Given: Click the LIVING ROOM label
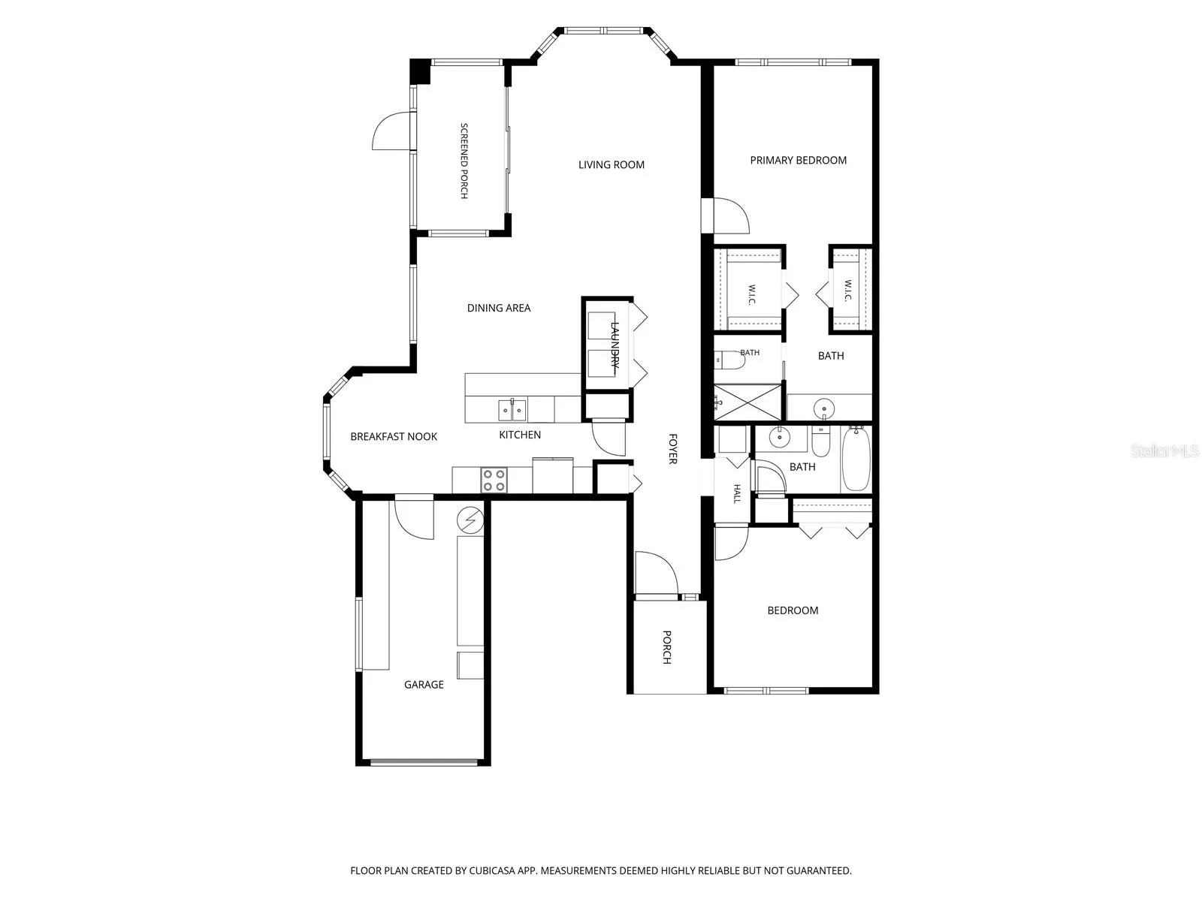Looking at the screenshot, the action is (611, 164).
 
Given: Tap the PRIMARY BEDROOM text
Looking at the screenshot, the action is (798, 160).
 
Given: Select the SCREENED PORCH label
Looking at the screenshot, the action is (464, 161).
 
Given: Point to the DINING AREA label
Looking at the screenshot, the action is (498, 308).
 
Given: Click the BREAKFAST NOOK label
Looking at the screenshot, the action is (393, 436).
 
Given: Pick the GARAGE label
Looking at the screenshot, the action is (423, 684).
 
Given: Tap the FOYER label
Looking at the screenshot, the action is (673, 448).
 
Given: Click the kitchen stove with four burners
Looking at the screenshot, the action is (494, 481).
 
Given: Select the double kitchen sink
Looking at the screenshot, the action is (512, 410).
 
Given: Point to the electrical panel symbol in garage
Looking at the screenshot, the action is (470, 520).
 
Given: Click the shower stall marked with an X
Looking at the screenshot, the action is (748, 402).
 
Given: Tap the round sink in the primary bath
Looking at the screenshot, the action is (823, 408).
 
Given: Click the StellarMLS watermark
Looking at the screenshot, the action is (1164, 450).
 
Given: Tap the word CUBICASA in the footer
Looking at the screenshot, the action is (492, 870).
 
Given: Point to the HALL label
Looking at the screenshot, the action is (737, 493).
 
